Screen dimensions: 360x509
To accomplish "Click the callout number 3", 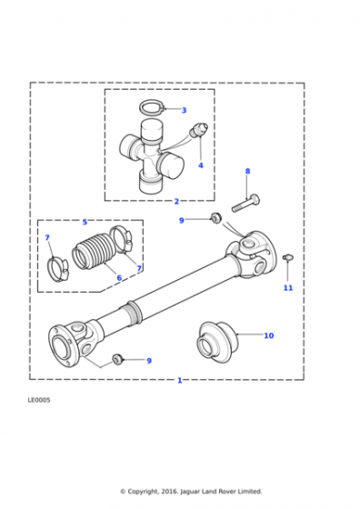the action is coord(184,110).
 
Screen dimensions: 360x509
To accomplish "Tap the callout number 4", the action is coord(201,165).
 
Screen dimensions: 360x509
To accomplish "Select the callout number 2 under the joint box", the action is coord(176,201).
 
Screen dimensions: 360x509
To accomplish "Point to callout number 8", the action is coord(247,171).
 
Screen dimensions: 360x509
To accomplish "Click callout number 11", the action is coord(288,287).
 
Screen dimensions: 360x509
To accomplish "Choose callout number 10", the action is coord(269,335).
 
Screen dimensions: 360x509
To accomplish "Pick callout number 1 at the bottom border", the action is coord(179,380).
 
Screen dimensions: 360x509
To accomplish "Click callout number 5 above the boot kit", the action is coord(85,222).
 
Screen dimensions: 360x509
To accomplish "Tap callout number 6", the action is coord(119,278).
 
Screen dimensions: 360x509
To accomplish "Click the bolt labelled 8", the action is coord(245,204).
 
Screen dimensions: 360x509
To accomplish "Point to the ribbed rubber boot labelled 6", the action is coord(92,251).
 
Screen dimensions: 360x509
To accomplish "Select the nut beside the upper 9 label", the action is coord(215,217).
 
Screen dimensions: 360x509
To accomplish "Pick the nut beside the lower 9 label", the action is coord(117,359).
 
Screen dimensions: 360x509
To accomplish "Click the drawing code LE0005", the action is coord(39,400).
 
